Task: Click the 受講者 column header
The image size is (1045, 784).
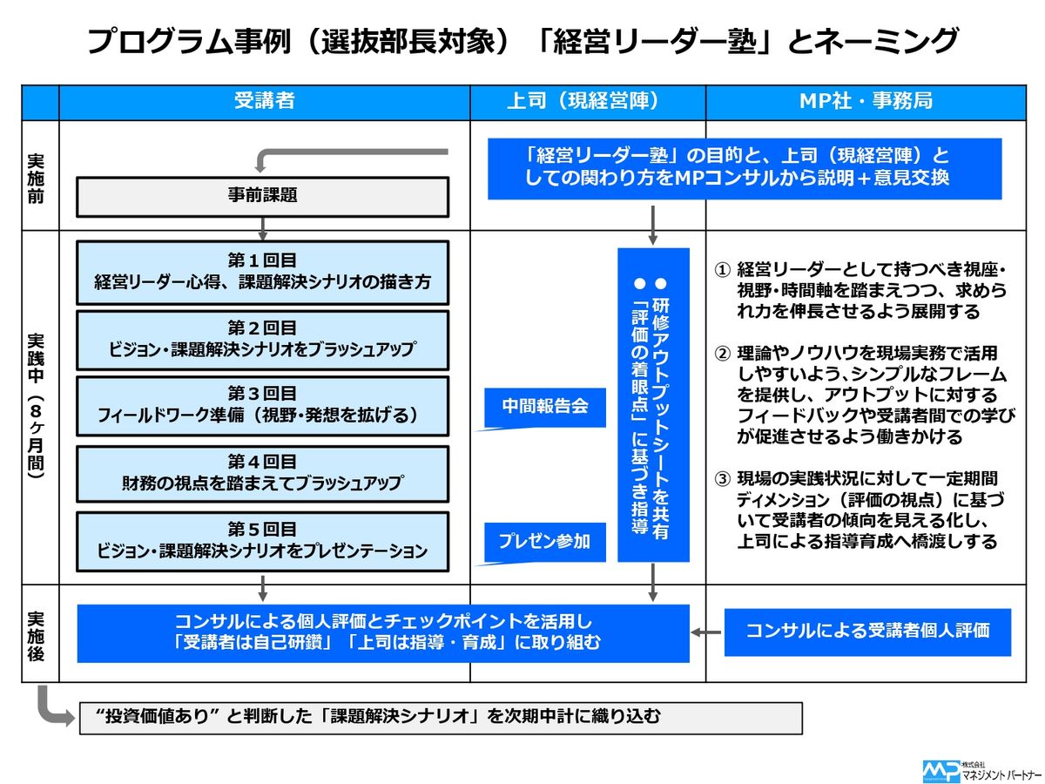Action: (x=264, y=101)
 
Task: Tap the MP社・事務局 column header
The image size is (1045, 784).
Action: (x=866, y=101)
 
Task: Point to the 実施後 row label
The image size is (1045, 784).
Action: (x=37, y=633)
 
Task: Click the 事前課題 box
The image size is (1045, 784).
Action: (x=263, y=196)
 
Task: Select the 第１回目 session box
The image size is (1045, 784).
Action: (x=263, y=271)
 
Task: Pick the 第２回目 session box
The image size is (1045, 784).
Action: (x=263, y=339)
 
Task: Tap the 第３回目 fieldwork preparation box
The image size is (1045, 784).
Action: (x=263, y=405)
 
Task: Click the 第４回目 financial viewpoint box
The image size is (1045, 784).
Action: (x=263, y=473)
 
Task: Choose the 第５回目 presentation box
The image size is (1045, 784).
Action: (x=263, y=540)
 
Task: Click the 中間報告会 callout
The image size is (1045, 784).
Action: (x=545, y=407)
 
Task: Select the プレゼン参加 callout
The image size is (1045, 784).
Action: (x=545, y=541)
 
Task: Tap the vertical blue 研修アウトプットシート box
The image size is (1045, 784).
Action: (x=653, y=405)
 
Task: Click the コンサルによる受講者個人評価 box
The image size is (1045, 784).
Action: (x=867, y=631)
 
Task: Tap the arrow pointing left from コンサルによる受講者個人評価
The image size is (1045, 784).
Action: (x=705, y=632)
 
